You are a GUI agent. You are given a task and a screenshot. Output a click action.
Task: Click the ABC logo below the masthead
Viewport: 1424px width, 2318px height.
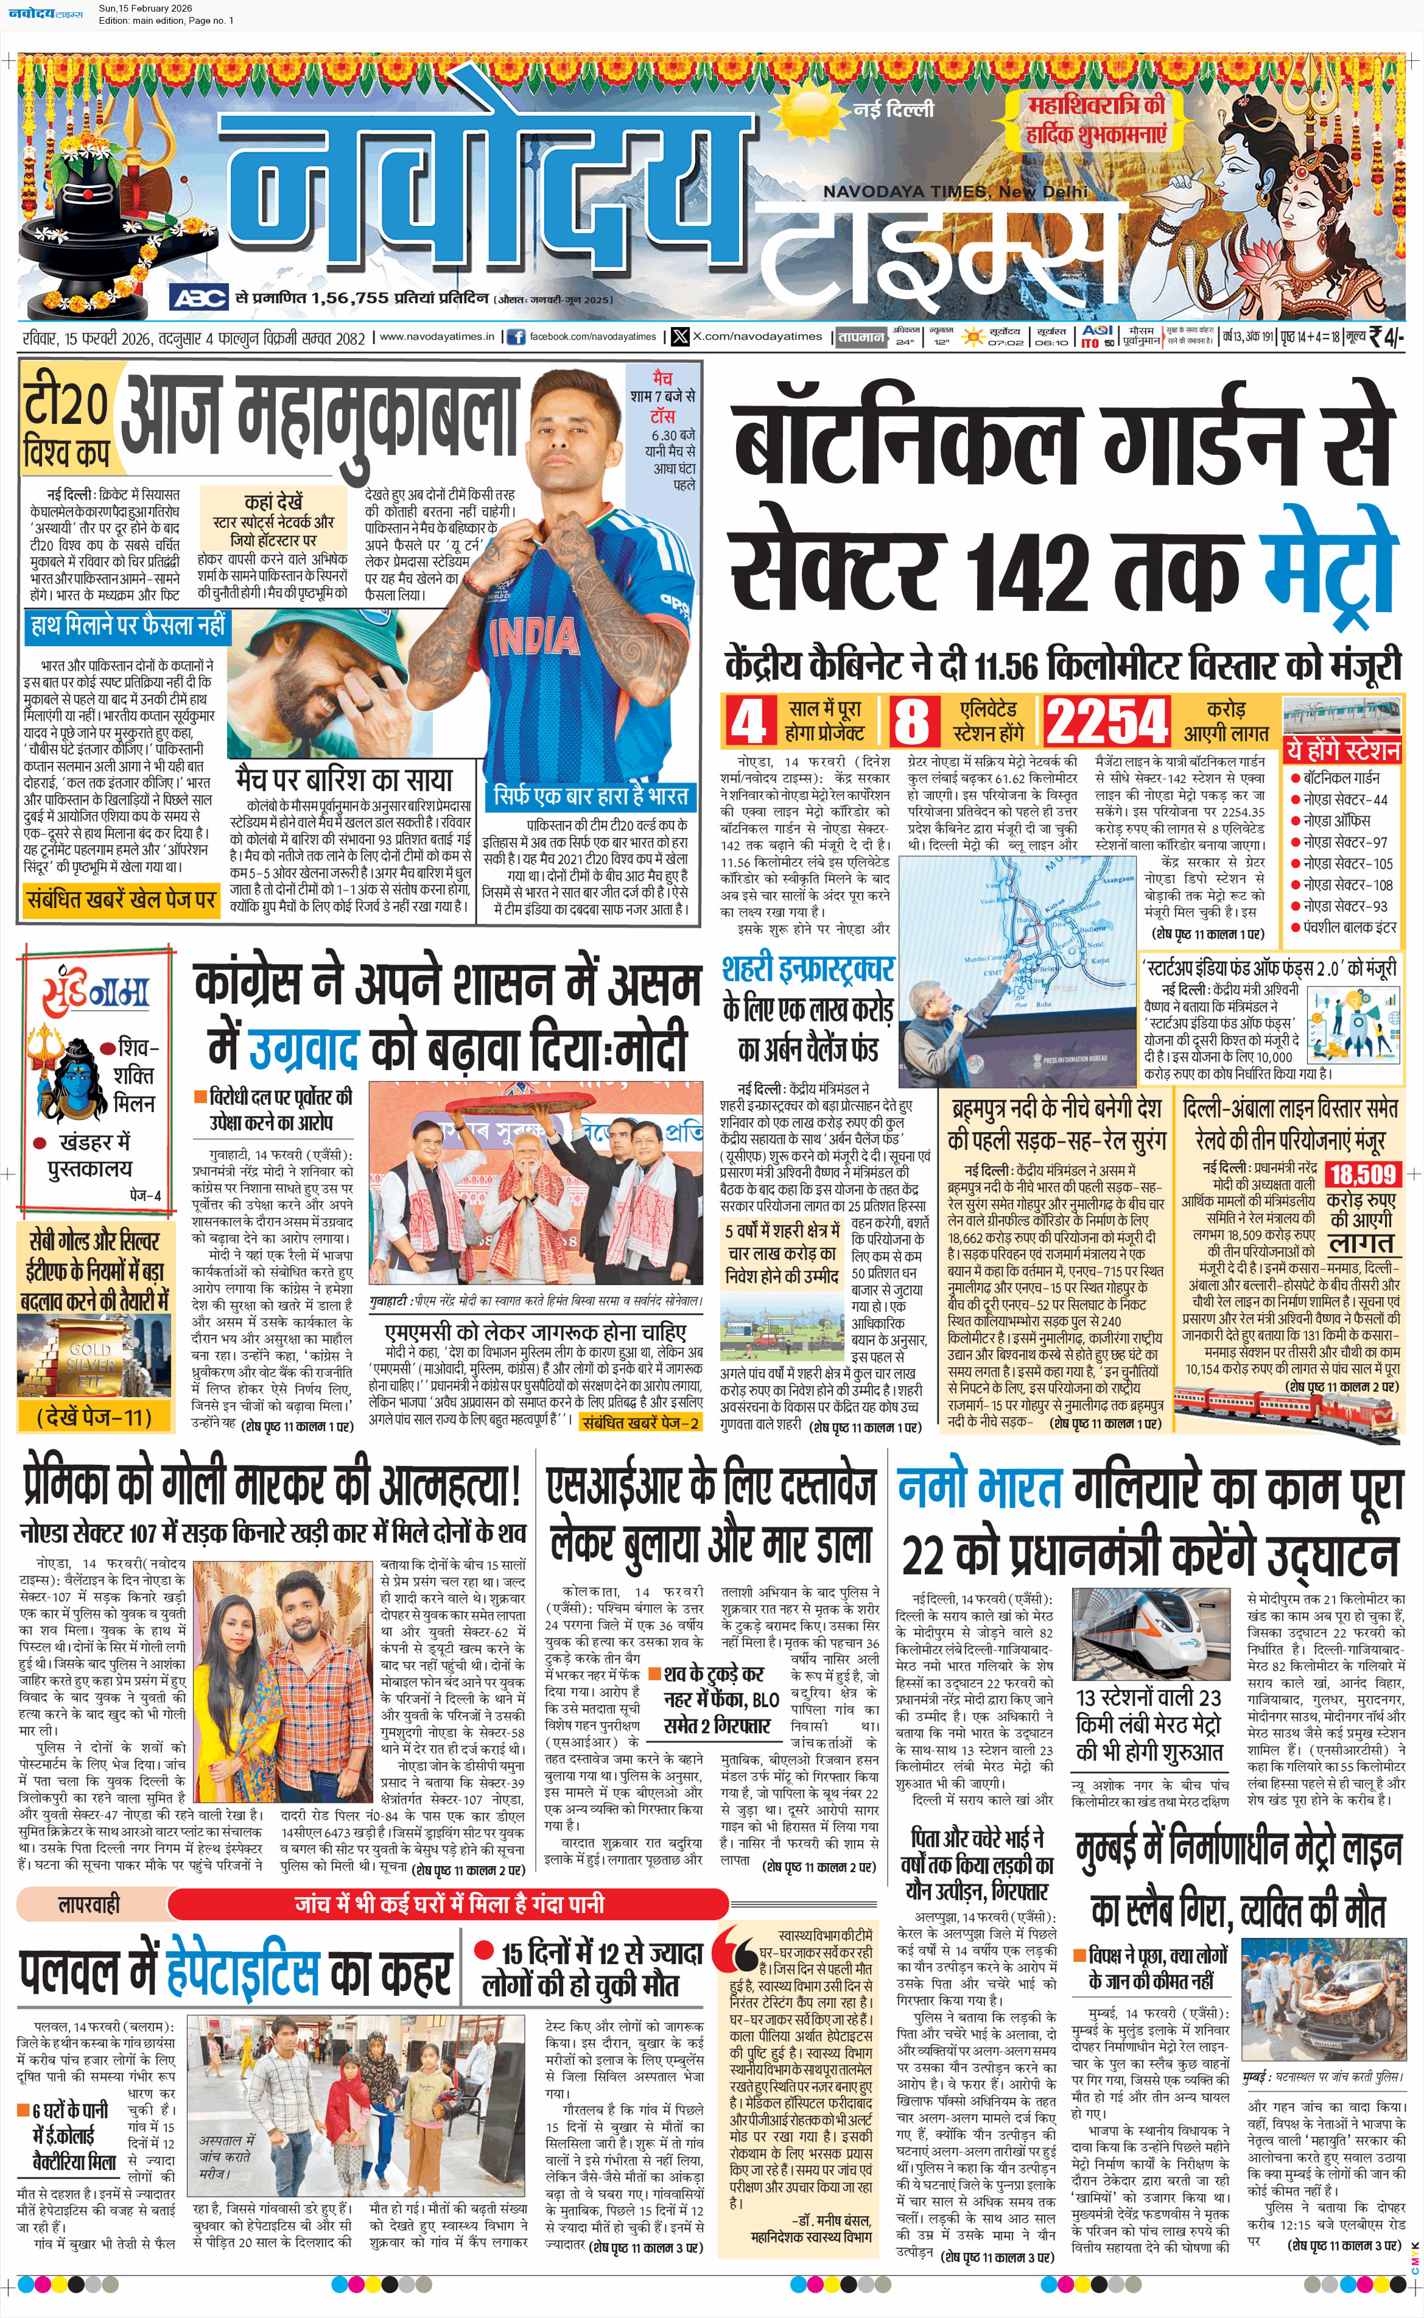198,298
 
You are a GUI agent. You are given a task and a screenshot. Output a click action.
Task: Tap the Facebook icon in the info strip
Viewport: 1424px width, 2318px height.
516,336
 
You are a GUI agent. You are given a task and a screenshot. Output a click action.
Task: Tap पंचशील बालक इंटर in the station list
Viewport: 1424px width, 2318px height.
1350,928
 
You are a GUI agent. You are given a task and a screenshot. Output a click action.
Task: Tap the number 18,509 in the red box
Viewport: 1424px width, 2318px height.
1362,1174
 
